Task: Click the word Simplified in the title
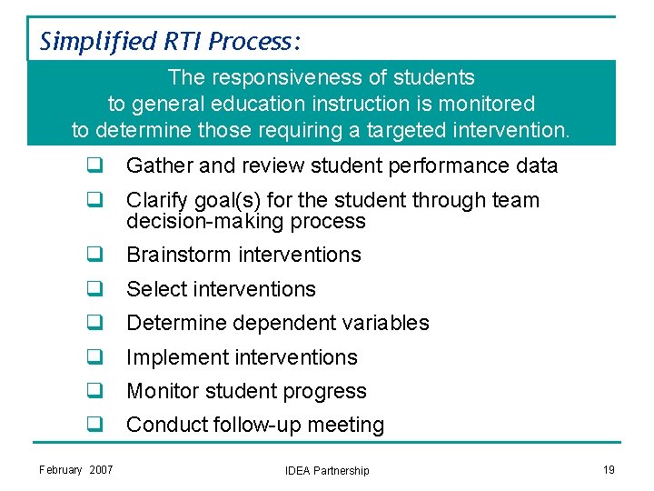(x=86, y=41)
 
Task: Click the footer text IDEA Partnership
(x=327, y=470)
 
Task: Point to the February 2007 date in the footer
(x=76, y=469)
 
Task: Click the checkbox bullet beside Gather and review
(x=94, y=165)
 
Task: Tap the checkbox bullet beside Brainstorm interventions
(x=94, y=255)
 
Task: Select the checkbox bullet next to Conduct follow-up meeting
(x=94, y=425)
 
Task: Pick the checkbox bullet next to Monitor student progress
(x=94, y=391)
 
